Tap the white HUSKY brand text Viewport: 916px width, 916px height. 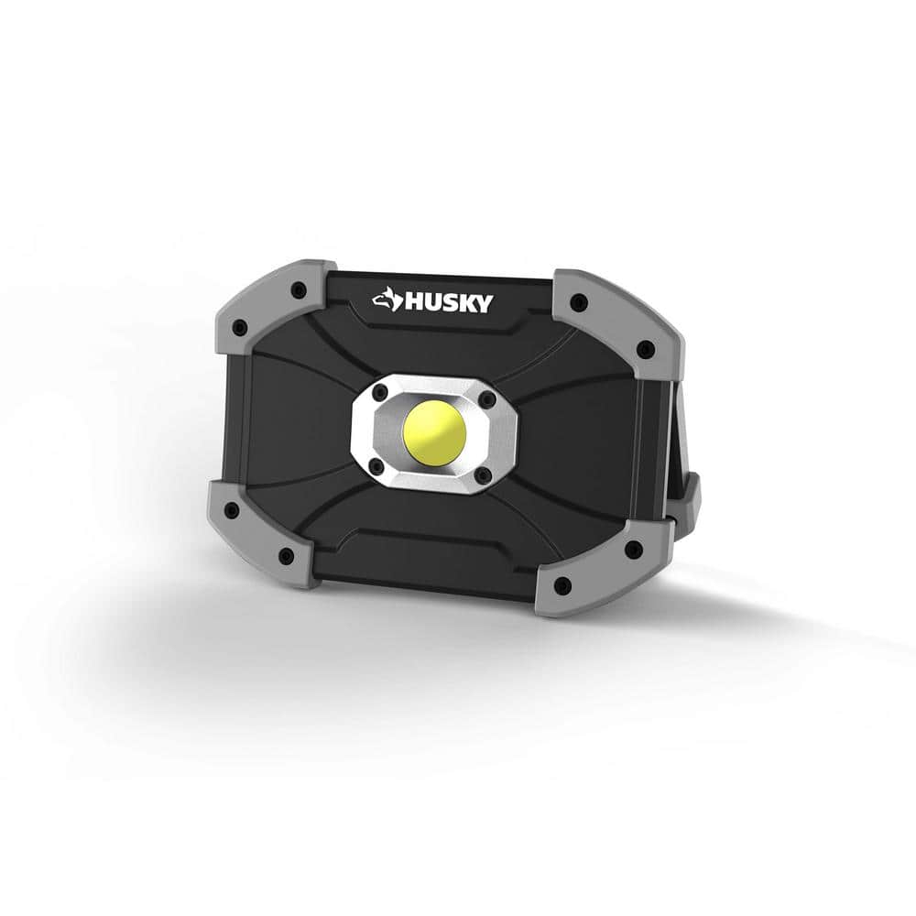click(445, 301)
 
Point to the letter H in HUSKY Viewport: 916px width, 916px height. click(409, 301)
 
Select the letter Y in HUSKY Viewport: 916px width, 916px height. click(482, 303)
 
